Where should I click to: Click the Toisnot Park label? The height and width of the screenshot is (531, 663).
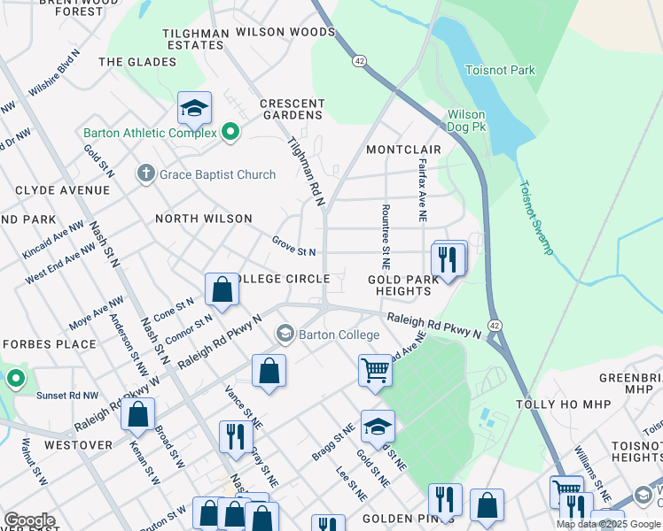501,70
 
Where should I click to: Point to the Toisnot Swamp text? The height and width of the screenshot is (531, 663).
535,218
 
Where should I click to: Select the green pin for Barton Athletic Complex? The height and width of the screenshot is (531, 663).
230,133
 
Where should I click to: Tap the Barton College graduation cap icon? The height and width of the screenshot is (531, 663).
285,335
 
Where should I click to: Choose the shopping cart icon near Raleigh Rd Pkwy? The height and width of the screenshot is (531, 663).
375,369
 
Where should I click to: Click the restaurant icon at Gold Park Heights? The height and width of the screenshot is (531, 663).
448,258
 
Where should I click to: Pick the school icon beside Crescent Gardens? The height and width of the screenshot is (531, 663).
194,108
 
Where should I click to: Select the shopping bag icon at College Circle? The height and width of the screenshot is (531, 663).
222,289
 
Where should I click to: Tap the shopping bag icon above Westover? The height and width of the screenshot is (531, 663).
137,413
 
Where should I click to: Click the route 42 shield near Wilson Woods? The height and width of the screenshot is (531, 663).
358,60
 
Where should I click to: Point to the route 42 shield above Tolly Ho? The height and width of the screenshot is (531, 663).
495,326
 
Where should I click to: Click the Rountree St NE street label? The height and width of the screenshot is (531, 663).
385,236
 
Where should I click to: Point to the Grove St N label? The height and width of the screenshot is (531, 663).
294,246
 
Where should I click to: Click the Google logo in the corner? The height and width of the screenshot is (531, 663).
29,520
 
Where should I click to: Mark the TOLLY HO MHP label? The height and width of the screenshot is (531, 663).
560,404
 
